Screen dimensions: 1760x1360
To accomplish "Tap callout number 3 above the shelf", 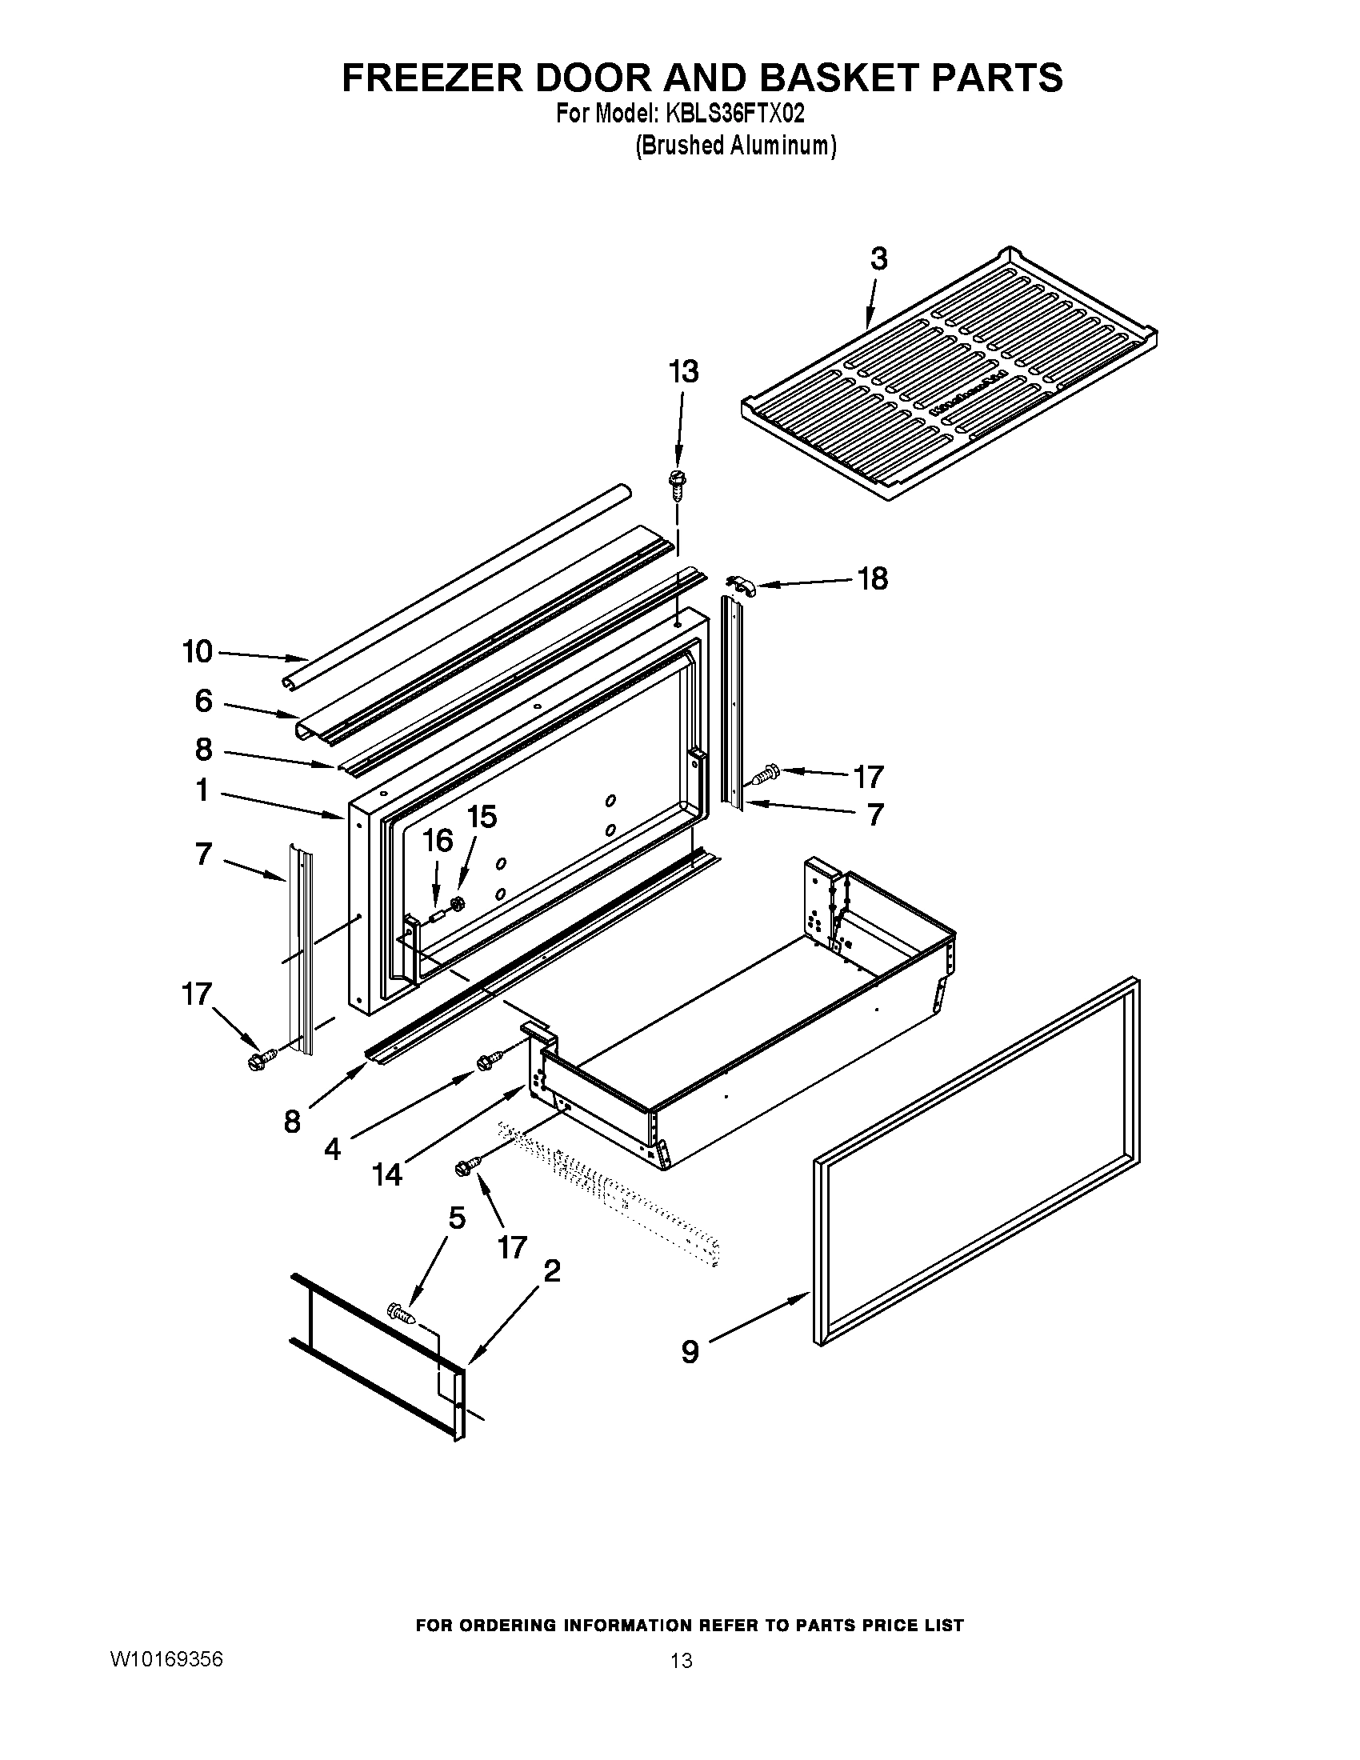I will coord(878,258).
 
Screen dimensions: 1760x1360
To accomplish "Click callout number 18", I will coord(873,578).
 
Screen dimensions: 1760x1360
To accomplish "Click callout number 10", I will coord(198,651).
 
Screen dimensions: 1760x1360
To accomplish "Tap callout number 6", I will coord(203,701).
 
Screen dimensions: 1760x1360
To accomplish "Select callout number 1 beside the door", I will coord(202,790).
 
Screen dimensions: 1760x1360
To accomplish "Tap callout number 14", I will coord(386,1174).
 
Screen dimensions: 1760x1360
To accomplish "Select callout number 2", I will coord(552,1272).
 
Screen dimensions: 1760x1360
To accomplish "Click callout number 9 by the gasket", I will coord(690,1351).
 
